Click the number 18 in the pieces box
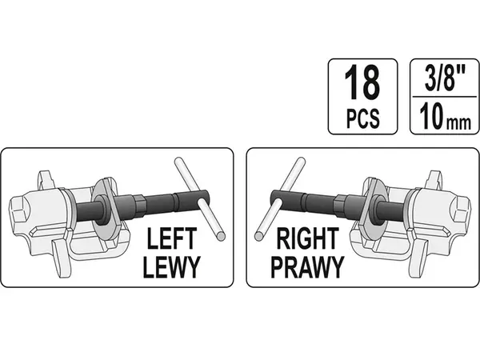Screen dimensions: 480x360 pyautogui.click(x=362, y=82)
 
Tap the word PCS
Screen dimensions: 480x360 pyautogui.click(x=362, y=118)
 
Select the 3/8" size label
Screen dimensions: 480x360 pyautogui.click(x=445, y=79)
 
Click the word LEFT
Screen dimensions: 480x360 pyautogui.click(x=171, y=238)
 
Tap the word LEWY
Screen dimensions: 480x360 pyautogui.click(x=171, y=267)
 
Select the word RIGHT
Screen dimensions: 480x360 pyautogui.click(x=308, y=238)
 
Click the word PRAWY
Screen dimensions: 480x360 pyautogui.click(x=308, y=267)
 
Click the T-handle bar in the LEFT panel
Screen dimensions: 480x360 pyautogui.click(x=199, y=199)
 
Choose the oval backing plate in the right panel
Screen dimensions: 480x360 pyautogui.click(x=374, y=207)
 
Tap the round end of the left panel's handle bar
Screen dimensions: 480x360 pyautogui.click(x=221, y=236)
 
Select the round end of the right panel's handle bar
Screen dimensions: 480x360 pyautogui.click(x=259, y=236)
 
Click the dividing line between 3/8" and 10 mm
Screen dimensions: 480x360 pyautogui.click(x=445, y=97)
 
